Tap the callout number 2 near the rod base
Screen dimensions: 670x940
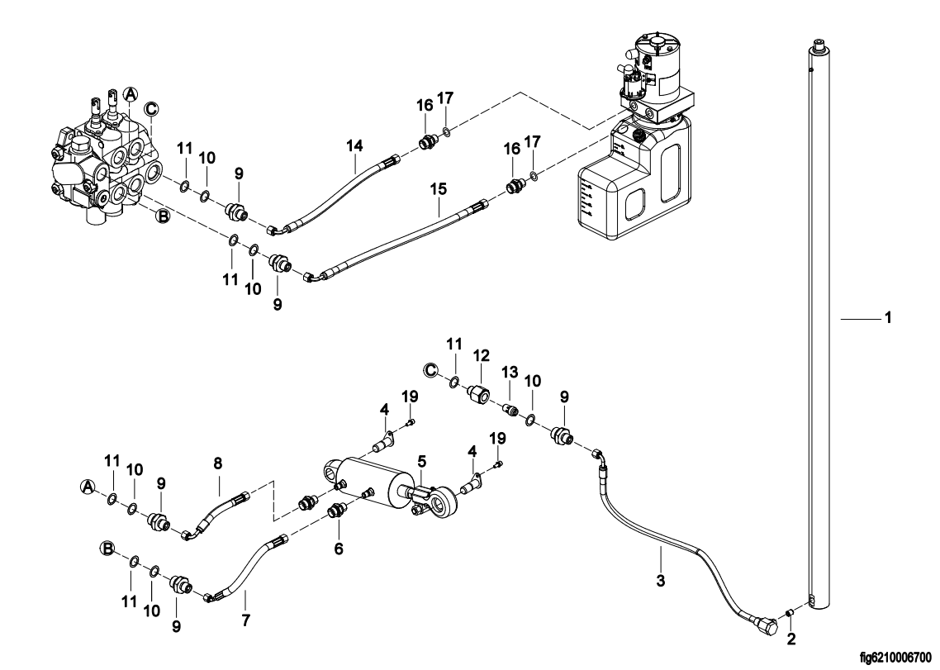pyautogui.click(x=790, y=638)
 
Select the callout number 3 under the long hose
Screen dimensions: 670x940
pyautogui.click(x=660, y=581)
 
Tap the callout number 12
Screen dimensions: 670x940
pyautogui.click(x=481, y=355)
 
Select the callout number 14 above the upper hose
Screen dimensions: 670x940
pyautogui.click(x=355, y=145)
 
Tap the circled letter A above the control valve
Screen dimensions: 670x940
pyautogui.click(x=130, y=95)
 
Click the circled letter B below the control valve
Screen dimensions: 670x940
pyautogui.click(x=163, y=217)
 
